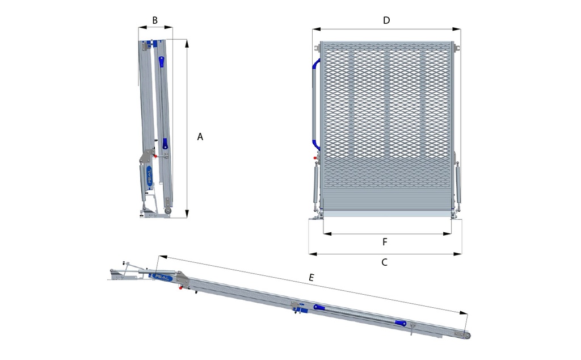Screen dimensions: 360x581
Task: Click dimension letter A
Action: pyautogui.click(x=200, y=137)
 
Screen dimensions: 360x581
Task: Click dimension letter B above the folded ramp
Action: pyautogui.click(x=155, y=20)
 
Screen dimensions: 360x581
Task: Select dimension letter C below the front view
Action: pyautogui.click(x=384, y=262)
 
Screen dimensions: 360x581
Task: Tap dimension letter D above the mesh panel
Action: pyautogui.click(x=386, y=20)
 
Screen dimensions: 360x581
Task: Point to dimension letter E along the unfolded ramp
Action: pyautogui.click(x=311, y=278)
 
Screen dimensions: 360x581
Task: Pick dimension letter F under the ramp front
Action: pyautogui.click(x=385, y=242)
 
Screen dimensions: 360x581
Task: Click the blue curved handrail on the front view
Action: pyautogui.click(x=313, y=103)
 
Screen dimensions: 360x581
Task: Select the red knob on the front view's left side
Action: pyautogui.click(x=315, y=158)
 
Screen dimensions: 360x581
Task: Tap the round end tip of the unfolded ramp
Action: pyautogui.click(x=467, y=335)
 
